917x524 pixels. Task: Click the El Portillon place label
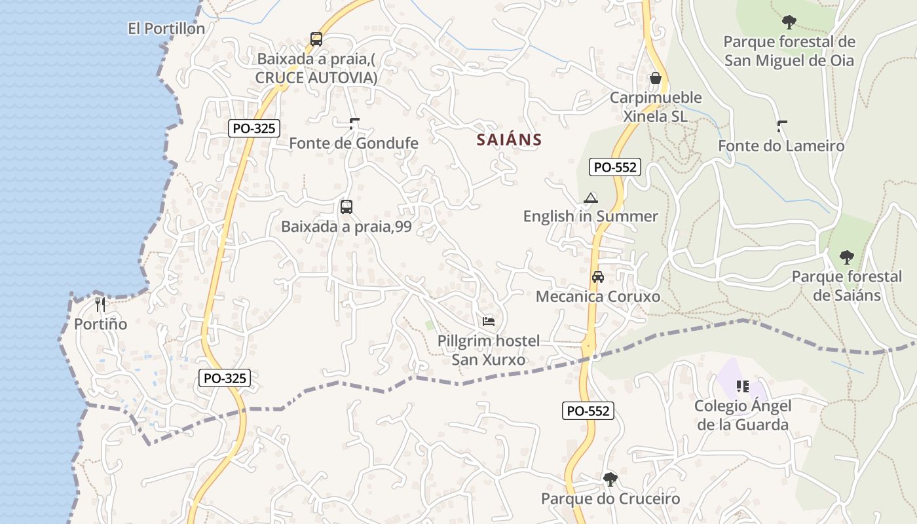point(166,29)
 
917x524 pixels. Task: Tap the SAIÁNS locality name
point(509,140)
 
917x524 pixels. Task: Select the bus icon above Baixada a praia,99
point(346,207)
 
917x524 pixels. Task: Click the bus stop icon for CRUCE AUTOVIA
point(316,39)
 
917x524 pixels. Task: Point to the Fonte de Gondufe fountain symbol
point(354,122)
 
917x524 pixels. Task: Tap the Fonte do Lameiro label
point(781,145)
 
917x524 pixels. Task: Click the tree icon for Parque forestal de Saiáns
point(847,257)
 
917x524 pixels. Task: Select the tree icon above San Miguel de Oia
point(789,22)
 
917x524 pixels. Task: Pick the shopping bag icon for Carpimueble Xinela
point(655,79)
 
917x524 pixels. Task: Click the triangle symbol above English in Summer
point(591,198)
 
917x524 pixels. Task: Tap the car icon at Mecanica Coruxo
point(598,277)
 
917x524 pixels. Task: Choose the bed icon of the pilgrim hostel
point(489,321)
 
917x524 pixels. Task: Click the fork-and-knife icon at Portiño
point(100,304)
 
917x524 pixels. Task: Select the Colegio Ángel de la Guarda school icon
point(742,386)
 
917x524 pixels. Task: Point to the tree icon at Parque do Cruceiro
point(610,479)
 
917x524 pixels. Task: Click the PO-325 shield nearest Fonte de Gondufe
point(254,128)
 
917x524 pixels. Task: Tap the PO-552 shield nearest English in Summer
point(614,167)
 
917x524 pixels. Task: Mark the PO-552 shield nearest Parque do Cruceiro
point(588,411)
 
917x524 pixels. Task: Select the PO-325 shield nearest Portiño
point(225,378)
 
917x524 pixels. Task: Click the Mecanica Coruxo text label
point(598,297)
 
